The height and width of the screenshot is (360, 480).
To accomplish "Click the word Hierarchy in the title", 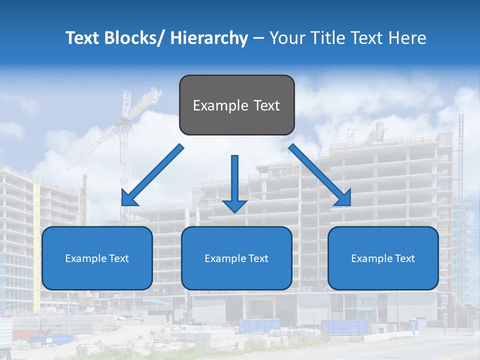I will (x=209, y=38).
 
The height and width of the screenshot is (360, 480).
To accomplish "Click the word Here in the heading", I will (x=408, y=38).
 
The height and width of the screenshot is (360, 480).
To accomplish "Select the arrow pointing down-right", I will (x=319, y=175).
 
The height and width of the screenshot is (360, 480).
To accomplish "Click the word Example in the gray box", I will (x=214, y=106).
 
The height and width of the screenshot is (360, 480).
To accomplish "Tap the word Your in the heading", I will (x=285, y=38).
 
